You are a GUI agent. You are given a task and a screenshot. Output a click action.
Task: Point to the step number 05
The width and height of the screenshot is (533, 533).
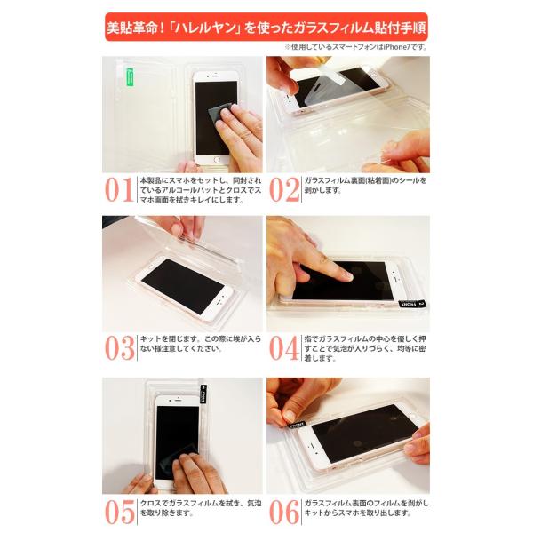point(120,510)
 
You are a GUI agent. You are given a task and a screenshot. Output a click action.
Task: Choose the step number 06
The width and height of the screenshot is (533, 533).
point(284,510)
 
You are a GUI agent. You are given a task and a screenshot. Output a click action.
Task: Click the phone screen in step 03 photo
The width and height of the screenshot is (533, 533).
point(183,286)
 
